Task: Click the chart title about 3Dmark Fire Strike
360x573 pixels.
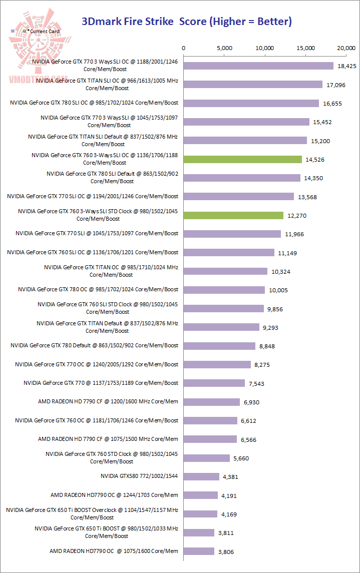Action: (187, 22)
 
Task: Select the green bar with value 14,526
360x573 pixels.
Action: (243, 159)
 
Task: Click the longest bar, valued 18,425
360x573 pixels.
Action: (259, 66)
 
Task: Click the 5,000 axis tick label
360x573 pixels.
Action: (225, 48)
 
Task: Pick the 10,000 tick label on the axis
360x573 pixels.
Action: (265, 48)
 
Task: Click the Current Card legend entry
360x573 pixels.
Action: (43, 32)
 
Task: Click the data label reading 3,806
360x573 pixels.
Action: (225, 552)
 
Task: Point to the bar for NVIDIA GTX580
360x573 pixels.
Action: (202, 476)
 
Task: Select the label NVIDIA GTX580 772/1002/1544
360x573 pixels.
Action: (139, 476)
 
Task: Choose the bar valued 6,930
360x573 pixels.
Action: (212, 402)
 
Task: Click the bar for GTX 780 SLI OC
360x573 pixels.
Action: (251, 103)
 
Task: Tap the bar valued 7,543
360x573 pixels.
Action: (214, 383)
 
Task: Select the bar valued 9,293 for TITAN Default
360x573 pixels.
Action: (222, 327)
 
